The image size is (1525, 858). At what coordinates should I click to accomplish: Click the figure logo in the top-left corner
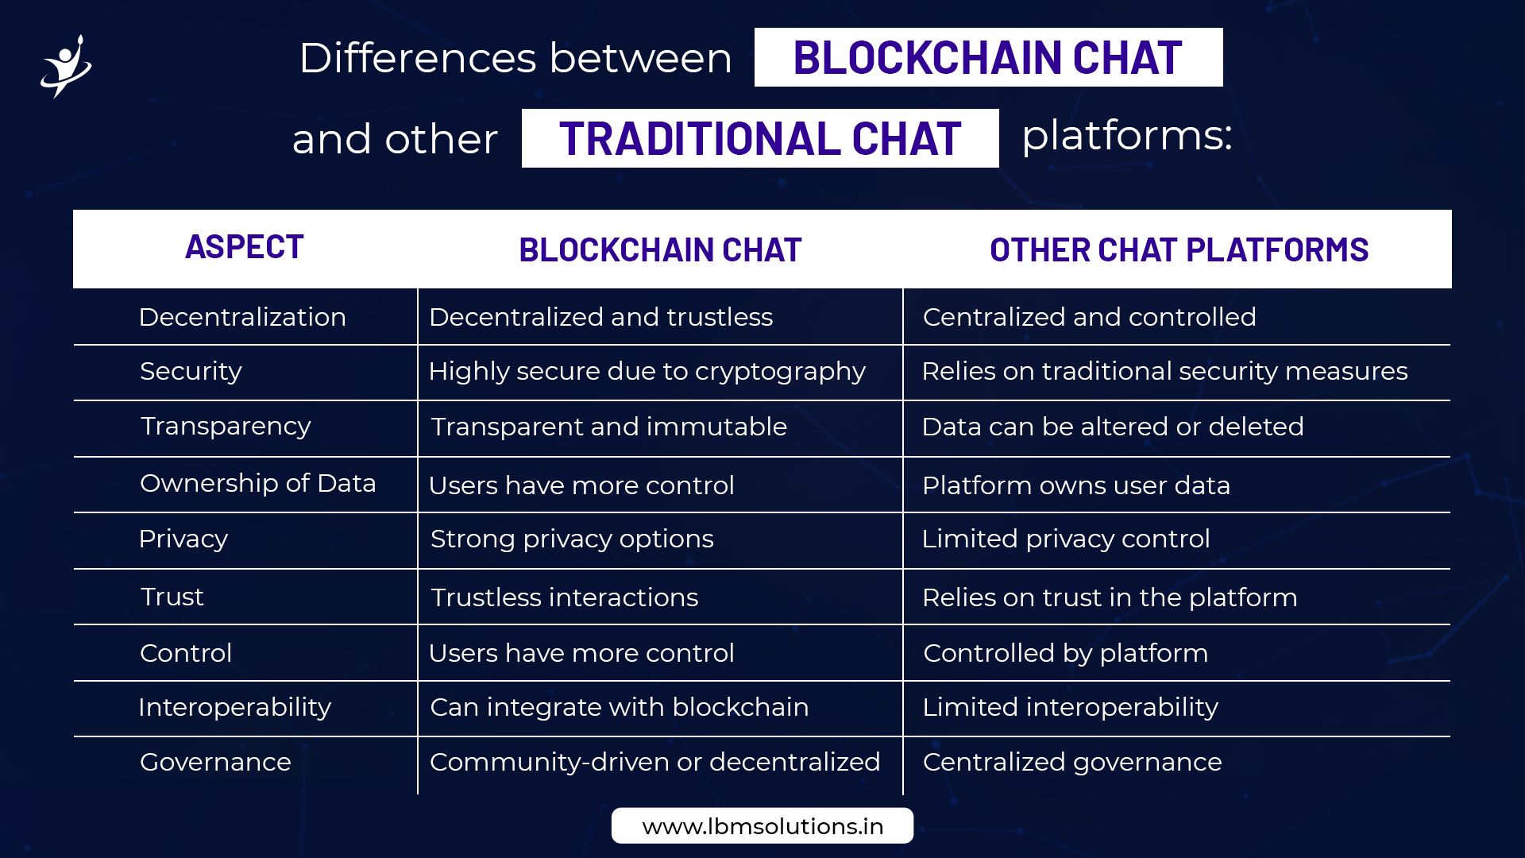click(67, 67)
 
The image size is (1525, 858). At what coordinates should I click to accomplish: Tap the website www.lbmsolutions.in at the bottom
click(762, 826)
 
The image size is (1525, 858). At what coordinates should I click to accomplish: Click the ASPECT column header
click(245, 247)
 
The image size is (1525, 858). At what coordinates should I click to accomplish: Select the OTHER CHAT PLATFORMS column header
click(1179, 250)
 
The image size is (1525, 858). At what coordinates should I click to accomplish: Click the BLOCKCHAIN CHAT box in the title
click(988, 57)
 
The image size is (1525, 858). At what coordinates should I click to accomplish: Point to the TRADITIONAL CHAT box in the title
click(760, 138)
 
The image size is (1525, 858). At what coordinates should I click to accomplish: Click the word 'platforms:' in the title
click(1127, 136)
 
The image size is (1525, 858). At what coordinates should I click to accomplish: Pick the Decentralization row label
click(242, 317)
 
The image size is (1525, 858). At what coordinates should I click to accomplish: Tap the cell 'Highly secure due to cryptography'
click(647, 372)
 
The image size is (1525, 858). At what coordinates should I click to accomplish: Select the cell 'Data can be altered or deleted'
click(1113, 427)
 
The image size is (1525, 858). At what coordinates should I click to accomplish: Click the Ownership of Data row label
click(257, 483)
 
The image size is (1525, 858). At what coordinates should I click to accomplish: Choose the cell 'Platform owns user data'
click(1076, 485)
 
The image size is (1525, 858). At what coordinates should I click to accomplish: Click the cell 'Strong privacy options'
click(572, 539)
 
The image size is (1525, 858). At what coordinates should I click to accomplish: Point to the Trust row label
click(172, 597)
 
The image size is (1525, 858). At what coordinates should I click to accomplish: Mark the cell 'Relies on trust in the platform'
click(1110, 597)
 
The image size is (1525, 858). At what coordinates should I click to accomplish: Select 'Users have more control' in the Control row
click(581, 653)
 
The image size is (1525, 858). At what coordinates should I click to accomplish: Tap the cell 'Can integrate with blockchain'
click(620, 707)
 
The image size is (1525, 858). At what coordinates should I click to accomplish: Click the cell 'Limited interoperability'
click(1070, 707)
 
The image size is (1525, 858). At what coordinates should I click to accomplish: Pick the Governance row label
click(215, 762)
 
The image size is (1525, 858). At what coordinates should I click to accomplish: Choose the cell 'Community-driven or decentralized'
click(654, 762)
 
